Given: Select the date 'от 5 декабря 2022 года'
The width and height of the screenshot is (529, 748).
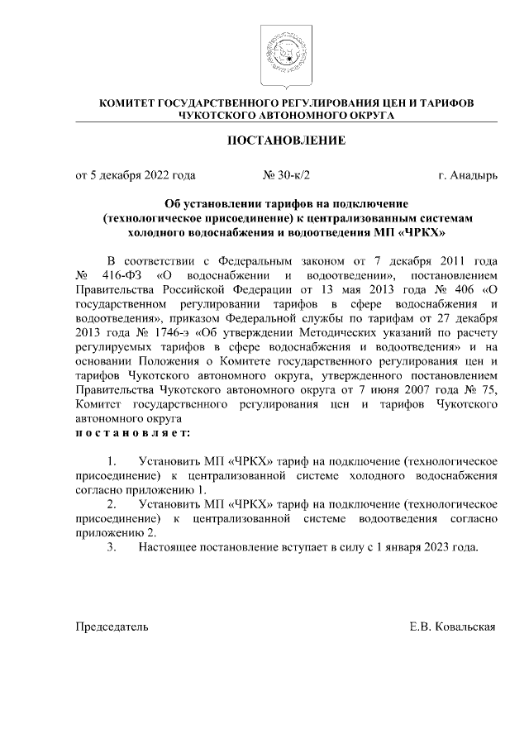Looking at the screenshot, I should [136, 175].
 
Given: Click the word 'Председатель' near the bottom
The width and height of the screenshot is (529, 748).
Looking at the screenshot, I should [112, 627].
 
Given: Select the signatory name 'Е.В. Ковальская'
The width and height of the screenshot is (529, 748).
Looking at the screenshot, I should [453, 627].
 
